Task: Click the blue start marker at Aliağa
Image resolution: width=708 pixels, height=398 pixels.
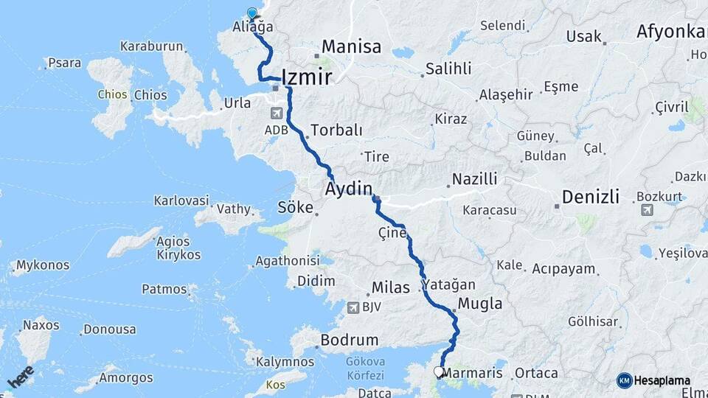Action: (252, 13)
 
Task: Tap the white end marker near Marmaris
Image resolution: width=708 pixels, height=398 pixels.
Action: (440, 372)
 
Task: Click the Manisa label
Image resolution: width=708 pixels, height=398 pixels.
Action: (351, 47)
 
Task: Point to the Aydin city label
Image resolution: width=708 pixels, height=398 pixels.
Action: (348, 189)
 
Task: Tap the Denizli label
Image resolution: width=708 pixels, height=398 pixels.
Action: (590, 197)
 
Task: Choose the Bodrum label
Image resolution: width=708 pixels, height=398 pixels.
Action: (349, 341)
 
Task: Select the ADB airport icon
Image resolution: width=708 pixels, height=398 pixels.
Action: (276, 114)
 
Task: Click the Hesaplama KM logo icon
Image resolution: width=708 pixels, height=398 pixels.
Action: (625, 380)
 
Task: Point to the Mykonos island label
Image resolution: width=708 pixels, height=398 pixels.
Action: (43, 265)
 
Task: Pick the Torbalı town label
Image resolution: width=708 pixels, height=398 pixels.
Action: (336, 130)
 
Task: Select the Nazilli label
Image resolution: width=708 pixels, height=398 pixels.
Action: (474, 179)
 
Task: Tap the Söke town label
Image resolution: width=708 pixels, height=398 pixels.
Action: (295, 207)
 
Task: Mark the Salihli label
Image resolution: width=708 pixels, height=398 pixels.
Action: (448, 69)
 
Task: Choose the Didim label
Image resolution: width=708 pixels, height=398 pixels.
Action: (316, 281)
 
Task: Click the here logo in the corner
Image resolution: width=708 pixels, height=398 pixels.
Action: (21, 377)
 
